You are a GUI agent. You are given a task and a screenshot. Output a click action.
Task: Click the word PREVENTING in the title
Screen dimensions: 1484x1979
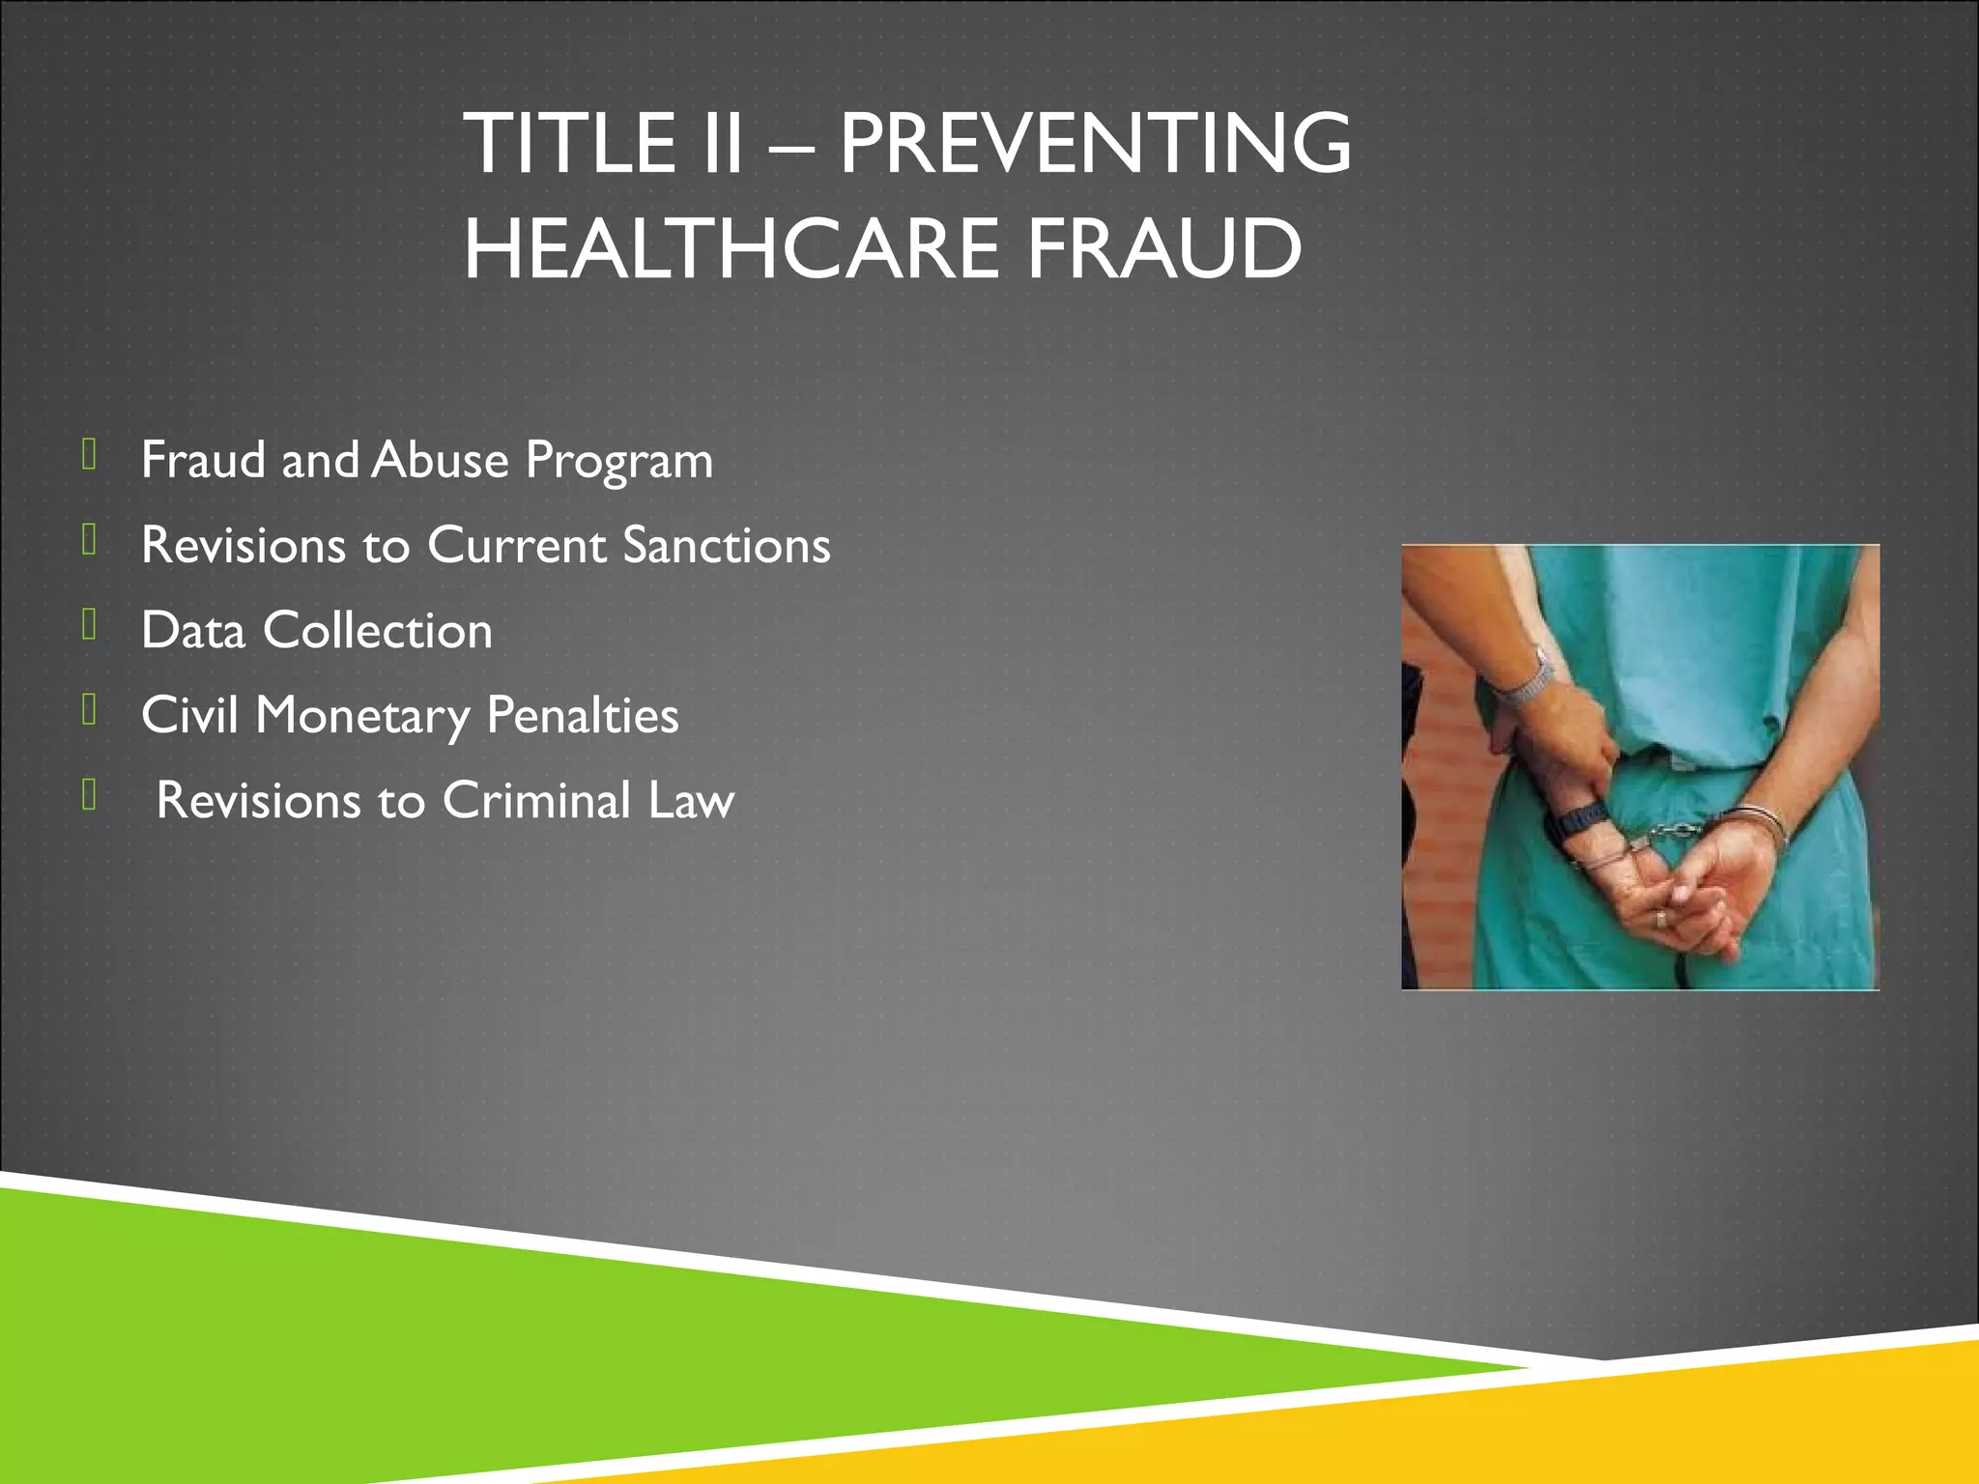(x=1095, y=143)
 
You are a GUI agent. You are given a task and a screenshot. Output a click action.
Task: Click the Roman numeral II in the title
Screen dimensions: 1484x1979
(x=718, y=143)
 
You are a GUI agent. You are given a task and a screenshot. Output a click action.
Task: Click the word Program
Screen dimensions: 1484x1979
(x=618, y=462)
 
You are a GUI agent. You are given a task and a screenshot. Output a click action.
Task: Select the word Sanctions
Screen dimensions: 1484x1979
(x=727, y=545)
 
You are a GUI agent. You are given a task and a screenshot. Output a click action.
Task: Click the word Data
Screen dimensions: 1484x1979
(x=192, y=630)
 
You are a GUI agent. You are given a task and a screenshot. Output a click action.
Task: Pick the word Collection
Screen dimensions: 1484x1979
(x=378, y=630)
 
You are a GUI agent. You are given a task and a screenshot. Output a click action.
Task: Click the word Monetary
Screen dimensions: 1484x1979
(x=362, y=717)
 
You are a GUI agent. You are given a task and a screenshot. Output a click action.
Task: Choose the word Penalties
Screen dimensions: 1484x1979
(x=583, y=715)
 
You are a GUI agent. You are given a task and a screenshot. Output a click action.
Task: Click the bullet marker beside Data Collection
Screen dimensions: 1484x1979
(x=89, y=626)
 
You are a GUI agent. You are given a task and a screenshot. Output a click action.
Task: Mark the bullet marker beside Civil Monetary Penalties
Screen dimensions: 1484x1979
(x=89, y=711)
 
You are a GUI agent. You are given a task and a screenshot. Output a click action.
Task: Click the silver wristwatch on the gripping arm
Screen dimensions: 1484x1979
(x=1525, y=681)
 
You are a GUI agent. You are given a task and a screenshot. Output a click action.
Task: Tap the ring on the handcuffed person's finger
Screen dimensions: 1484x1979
(x=1660, y=918)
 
